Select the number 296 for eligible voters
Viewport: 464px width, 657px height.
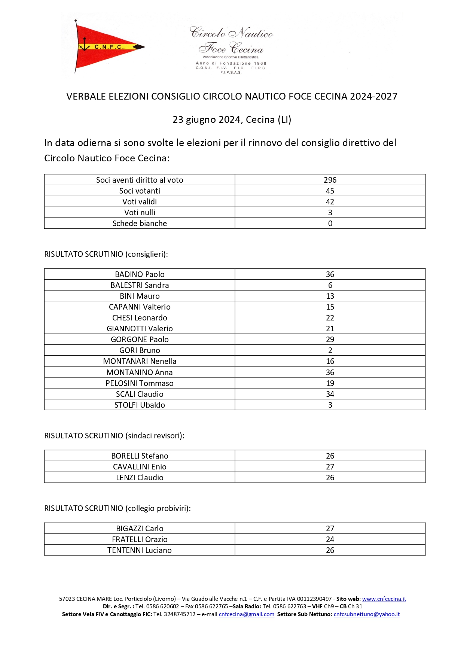point(330,180)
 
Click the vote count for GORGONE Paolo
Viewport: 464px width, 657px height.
point(330,340)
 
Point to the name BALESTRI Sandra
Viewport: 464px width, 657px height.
point(140,285)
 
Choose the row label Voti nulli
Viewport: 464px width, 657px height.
point(140,213)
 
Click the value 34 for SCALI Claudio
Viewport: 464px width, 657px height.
point(330,394)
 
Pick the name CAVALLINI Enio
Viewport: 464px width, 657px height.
point(140,467)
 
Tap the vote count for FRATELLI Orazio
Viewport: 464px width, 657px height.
point(330,539)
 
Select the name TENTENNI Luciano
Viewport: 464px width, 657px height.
point(140,550)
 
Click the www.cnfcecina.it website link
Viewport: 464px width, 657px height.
point(384,599)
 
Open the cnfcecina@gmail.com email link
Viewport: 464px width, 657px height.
point(247,614)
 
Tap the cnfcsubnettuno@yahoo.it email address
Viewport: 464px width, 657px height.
point(367,614)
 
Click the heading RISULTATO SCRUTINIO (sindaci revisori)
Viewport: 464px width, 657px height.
point(114,436)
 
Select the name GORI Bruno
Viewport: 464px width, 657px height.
point(140,350)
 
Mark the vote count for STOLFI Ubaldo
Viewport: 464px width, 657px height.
point(330,405)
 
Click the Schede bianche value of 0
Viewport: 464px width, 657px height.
point(330,223)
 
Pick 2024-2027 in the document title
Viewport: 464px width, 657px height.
point(373,97)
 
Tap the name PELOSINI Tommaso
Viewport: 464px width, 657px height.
point(140,383)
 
